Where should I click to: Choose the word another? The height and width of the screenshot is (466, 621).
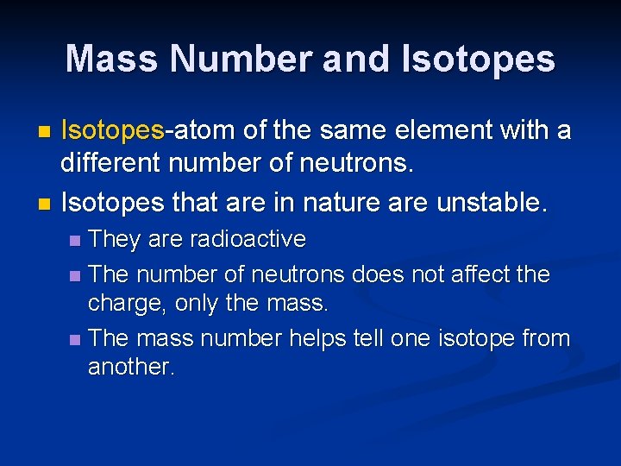(x=129, y=367)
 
